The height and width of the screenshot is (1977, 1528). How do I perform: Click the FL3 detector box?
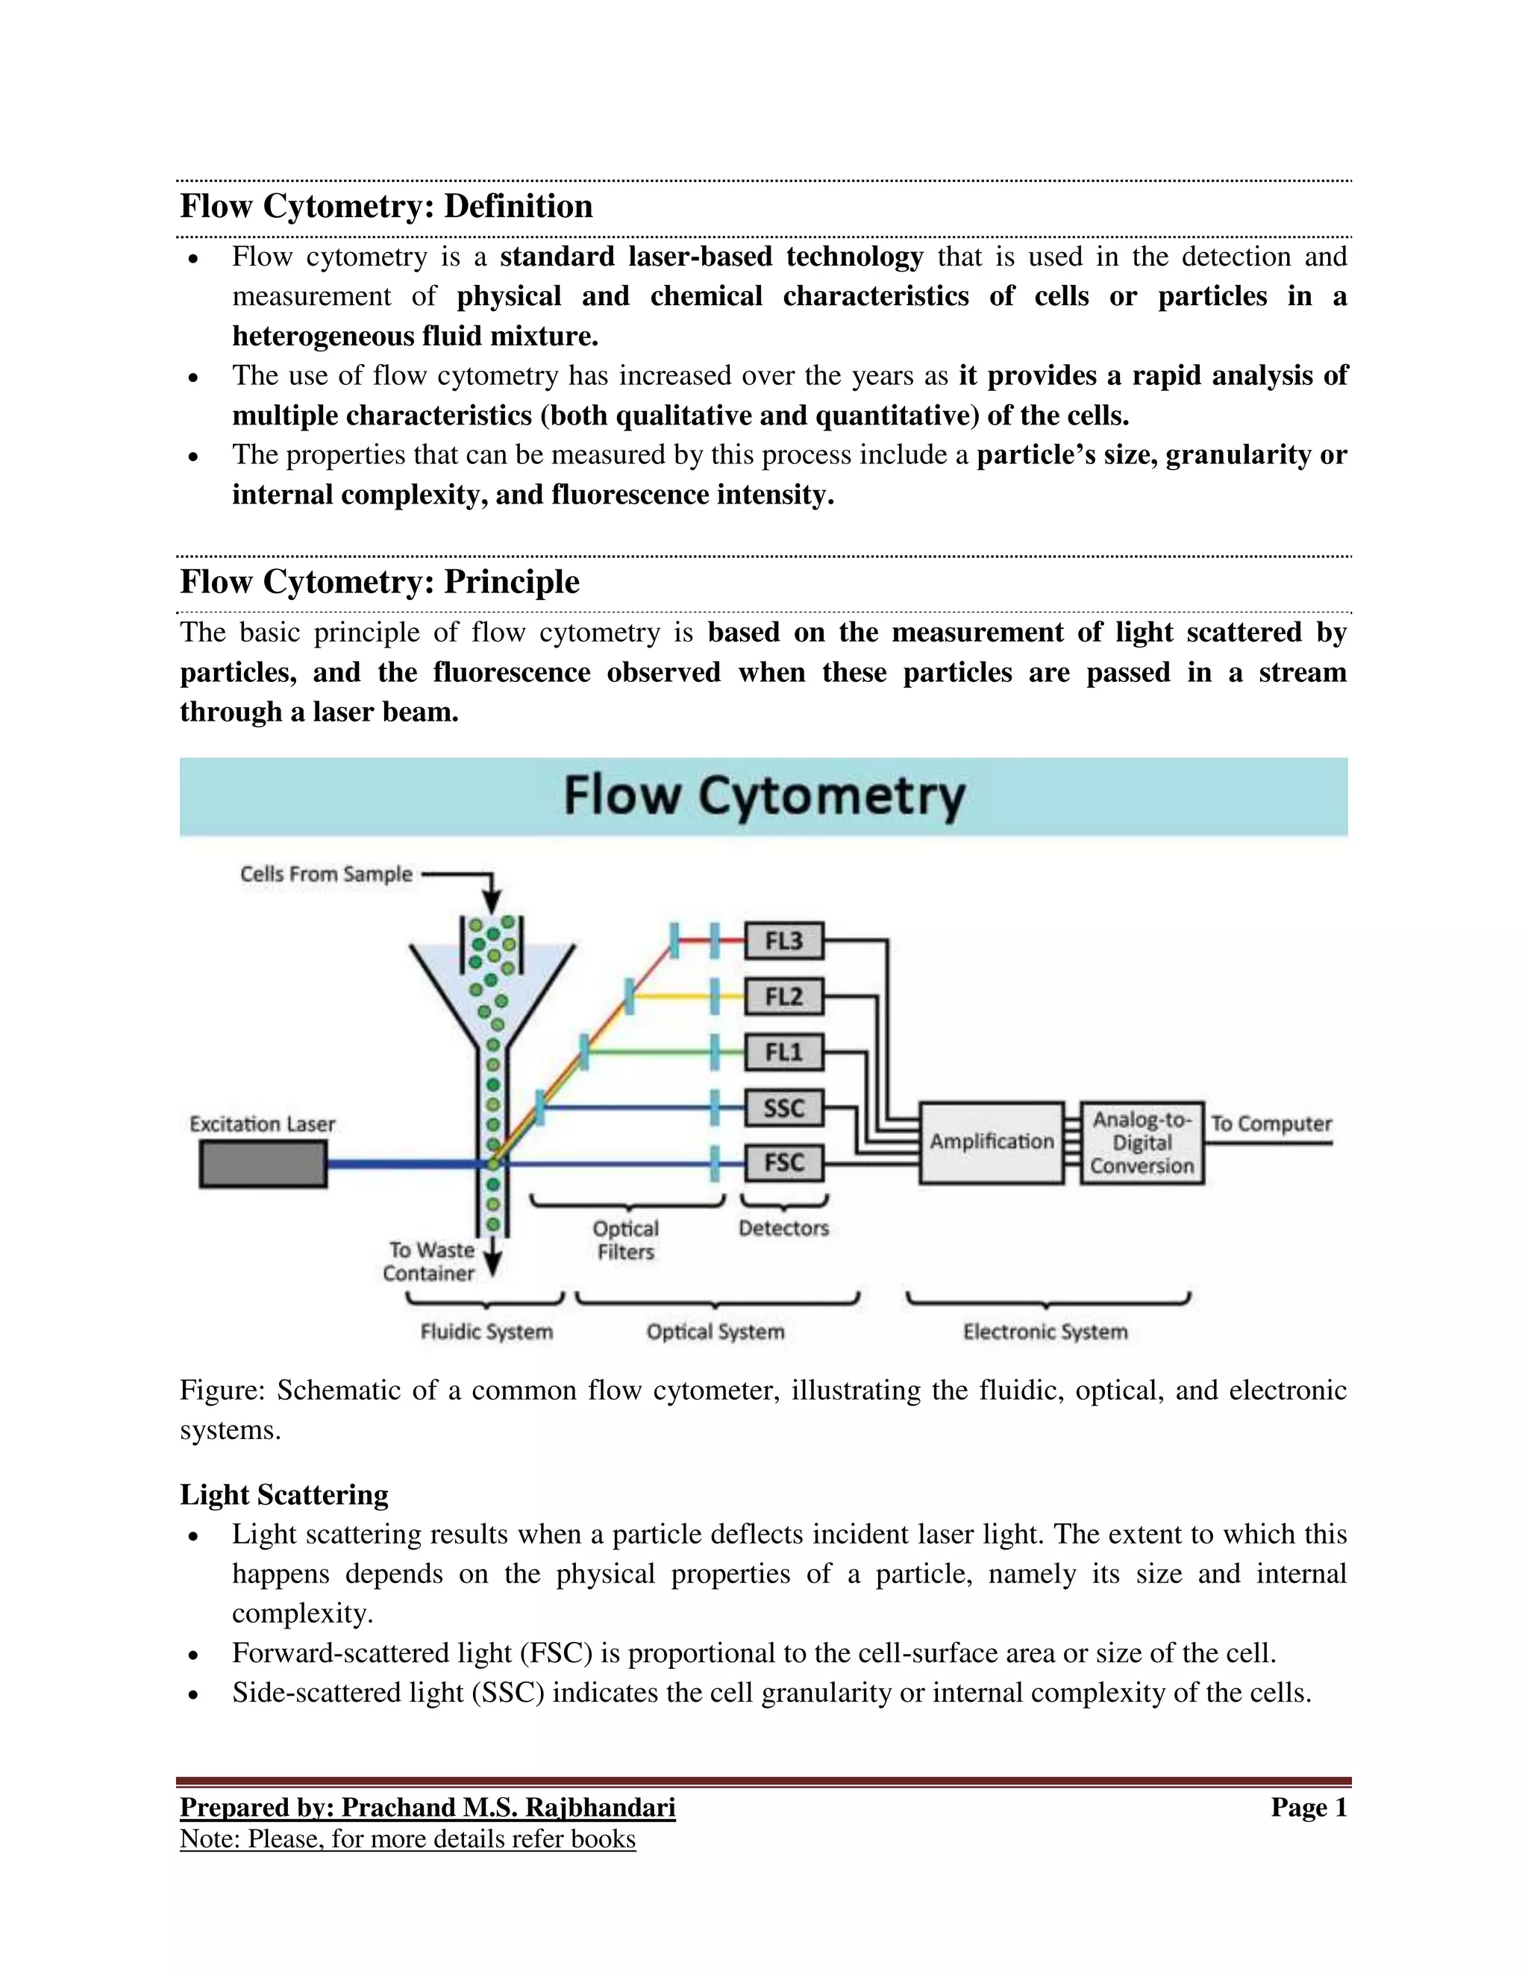pyautogui.click(x=784, y=941)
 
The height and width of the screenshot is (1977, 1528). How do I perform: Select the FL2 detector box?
pyautogui.click(x=784, y=997)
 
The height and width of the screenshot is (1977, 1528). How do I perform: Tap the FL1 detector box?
pyautogui.click(x=784, y=1053)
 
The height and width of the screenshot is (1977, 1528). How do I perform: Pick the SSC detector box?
pyautogui.click(x=784, y=1108)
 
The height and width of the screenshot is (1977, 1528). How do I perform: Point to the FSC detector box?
pyautogui.click(x=784, y=1163)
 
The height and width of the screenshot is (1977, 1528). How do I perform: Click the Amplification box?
pyautogui.click(x=992, y=1142)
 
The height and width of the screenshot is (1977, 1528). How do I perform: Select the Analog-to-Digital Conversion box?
pyautogui.click(x=1142, y=1143)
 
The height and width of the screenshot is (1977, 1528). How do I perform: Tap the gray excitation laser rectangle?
pyautogui.click(x=263, y=1163)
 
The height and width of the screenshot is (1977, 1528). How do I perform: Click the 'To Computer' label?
pyautogui.click(x=1271, y=1124)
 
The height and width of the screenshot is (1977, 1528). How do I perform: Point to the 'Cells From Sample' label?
pyautogui.click(x=326, y=874)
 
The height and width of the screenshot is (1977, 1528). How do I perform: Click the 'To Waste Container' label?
pyautogui.click(x=429, y=1262)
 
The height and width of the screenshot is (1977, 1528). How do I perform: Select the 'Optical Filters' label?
pyautogui.click(x=625, y=1240)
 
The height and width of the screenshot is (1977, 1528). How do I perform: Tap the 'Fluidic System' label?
pyautogui.click(x=486, y=1332)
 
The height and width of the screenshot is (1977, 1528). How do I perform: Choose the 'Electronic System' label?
pyautogui.click(x=1045, y=1332)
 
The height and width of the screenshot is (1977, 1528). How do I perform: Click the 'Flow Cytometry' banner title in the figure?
pyautogui.click(x=764, y=797)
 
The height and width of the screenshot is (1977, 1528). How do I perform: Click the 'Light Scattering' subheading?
pyautogui.click(x=284, y=1494)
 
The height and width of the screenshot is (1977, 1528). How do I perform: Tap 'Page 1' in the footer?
pyautogui.click(x=1309, y=1808)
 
